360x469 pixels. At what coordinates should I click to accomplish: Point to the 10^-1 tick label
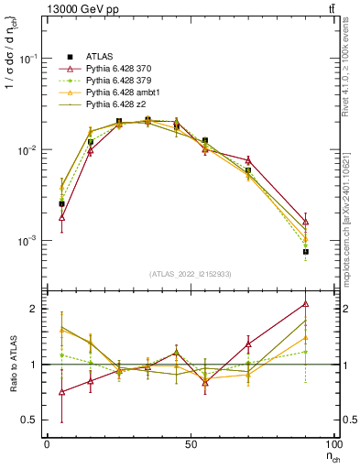coord(28,58)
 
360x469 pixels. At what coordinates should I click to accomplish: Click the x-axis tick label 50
coord(190,443)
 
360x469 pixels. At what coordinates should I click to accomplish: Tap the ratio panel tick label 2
coord(35,309)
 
